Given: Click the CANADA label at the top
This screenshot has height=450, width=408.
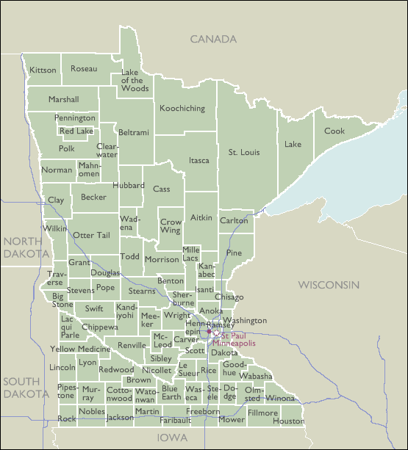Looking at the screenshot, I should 213,39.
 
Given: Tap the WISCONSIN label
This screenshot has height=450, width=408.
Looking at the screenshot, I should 328,284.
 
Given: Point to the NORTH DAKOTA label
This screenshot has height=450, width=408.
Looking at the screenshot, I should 24,247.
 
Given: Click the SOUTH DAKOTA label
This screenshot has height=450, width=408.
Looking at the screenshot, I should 24,388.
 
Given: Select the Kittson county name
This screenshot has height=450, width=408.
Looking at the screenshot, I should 43,70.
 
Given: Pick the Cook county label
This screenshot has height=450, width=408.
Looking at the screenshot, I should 334,131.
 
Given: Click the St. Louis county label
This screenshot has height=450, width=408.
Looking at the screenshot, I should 242,153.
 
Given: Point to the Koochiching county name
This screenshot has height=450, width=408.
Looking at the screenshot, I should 182,109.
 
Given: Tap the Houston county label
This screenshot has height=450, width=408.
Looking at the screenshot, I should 287,421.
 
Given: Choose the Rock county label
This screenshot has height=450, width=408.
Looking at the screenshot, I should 67,419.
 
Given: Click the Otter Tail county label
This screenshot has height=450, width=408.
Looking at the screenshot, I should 91,235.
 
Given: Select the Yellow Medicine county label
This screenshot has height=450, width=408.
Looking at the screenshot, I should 79,349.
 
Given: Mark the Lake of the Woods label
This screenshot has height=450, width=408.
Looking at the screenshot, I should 135,80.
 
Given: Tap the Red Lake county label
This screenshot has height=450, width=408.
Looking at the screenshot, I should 76,131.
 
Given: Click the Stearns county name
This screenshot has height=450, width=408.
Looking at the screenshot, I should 142,291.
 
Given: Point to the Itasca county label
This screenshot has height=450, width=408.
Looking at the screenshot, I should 198,160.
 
